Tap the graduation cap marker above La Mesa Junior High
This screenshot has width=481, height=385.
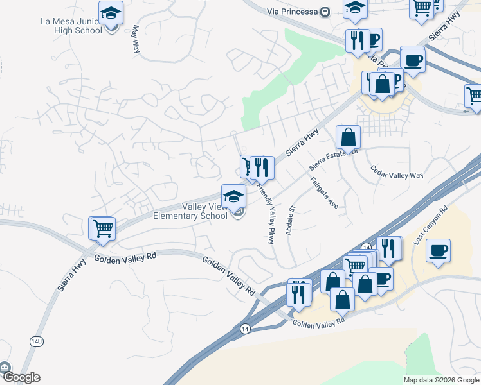pos(111,13)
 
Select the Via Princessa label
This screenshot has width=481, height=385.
pos(293,12)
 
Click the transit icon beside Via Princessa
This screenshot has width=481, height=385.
pos(325,12)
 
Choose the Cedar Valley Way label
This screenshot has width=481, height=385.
pos(397,173)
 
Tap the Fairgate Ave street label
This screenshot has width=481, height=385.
pos(323,193)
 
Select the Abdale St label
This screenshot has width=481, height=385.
pos(290,219)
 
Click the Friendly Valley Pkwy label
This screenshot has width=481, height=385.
pos(266,212)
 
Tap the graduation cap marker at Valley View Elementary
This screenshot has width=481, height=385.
pos(233,196)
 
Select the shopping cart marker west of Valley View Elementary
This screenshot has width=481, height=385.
pos(102,228)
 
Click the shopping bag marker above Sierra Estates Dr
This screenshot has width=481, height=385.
pos(348,137)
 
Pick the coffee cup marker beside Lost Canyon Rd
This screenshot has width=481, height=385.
pos(438,250)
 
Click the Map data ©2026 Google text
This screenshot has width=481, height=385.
pos(441,380)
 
